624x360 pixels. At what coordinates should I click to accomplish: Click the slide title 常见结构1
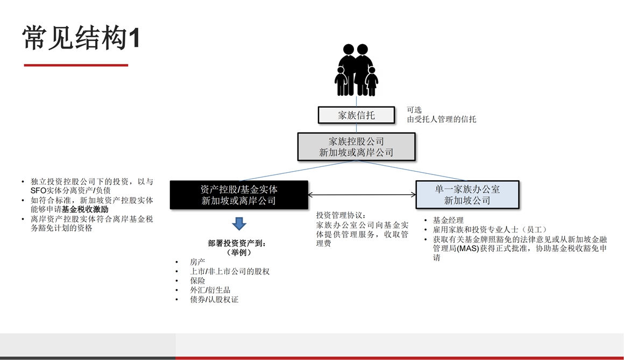click(x=81, y=38)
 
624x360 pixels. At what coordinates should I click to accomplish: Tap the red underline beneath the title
click(x=76, y=65)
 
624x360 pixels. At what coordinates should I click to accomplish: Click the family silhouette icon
click(x=356, y=70)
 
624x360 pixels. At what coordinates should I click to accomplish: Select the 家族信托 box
click(x=357, y=115)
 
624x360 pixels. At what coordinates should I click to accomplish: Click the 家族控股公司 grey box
click(x=357, y=147)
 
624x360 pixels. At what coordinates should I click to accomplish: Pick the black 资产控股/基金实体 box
click(x=239, y=195)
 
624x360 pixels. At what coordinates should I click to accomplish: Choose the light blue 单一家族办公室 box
click(x=467, y=195)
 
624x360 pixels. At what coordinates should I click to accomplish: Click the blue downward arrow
click(x=239, y=223)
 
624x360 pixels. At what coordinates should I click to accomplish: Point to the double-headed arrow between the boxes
click(x=361, y=195)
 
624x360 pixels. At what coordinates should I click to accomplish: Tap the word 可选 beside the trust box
click(x=414, y=110)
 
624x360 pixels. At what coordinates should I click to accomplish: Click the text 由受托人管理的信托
click(x=441, y=119)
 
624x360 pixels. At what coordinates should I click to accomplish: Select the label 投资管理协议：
click(x=341, y=215)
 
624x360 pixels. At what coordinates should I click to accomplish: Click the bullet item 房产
click(x=197, y=262)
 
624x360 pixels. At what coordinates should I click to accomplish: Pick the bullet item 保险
click(x=197, y=281)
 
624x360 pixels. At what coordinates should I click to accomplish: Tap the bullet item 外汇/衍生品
click(x=210, y=290)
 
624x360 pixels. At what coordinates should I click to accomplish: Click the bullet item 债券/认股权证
click(x=214, y=300)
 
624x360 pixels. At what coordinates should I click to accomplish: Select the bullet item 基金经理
click(x=448, y=220)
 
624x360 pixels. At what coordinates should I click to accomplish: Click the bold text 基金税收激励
click(x=85, y=209)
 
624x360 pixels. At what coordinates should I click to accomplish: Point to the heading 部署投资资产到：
click(x=237, y=243)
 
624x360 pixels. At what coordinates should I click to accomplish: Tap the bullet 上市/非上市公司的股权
click(x=230, y=272)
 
